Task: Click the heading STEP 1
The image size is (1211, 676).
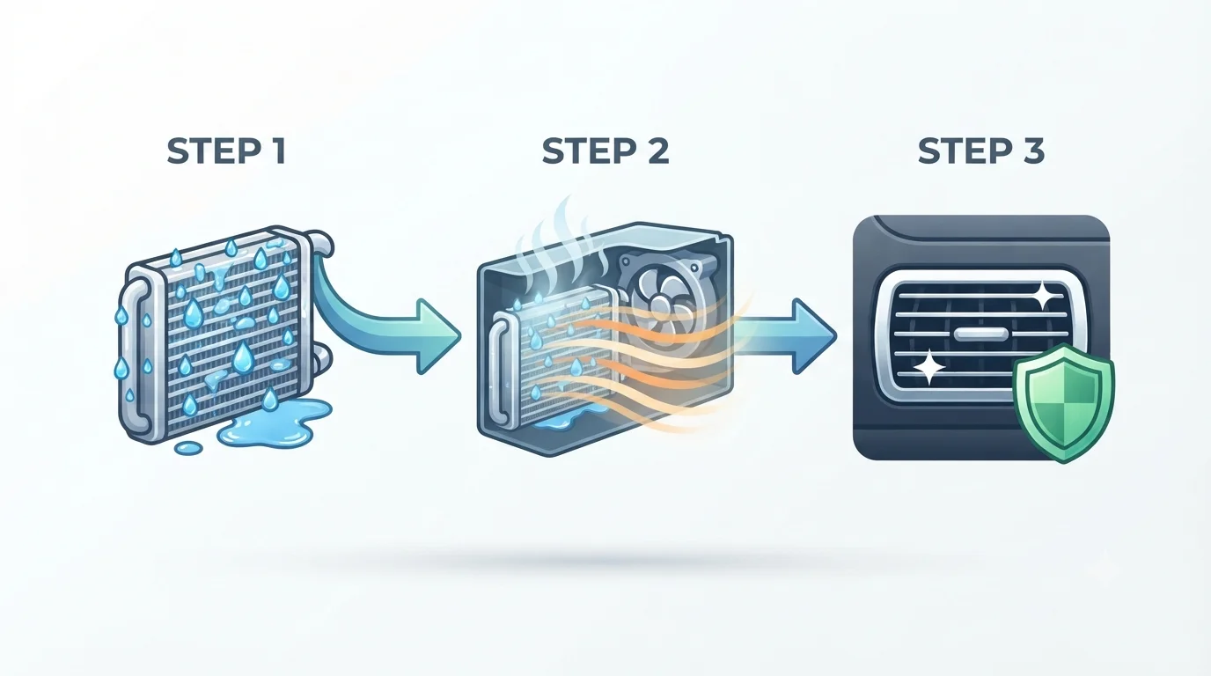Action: click(x=226, y=151)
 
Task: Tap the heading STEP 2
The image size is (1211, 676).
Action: click(x=605, y=151)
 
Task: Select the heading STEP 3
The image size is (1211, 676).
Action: click(x=981, y=151)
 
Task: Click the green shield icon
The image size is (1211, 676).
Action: click(x=1063, y=403)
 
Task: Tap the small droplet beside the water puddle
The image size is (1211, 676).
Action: click(x=188, y=448)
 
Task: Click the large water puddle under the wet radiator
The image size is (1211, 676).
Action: click(x=273, y=423)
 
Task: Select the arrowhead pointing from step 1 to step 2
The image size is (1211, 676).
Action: click(x=438, y=336)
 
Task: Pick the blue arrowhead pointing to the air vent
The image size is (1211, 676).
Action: click(x=814, y=336)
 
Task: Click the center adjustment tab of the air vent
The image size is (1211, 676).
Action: click(x=980, y=334)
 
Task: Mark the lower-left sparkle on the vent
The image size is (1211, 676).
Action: click(x=928, y=367)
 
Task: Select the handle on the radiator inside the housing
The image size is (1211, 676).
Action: click(x=498, y=367)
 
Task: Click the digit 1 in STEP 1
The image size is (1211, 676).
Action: click(x=278, y=151)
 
